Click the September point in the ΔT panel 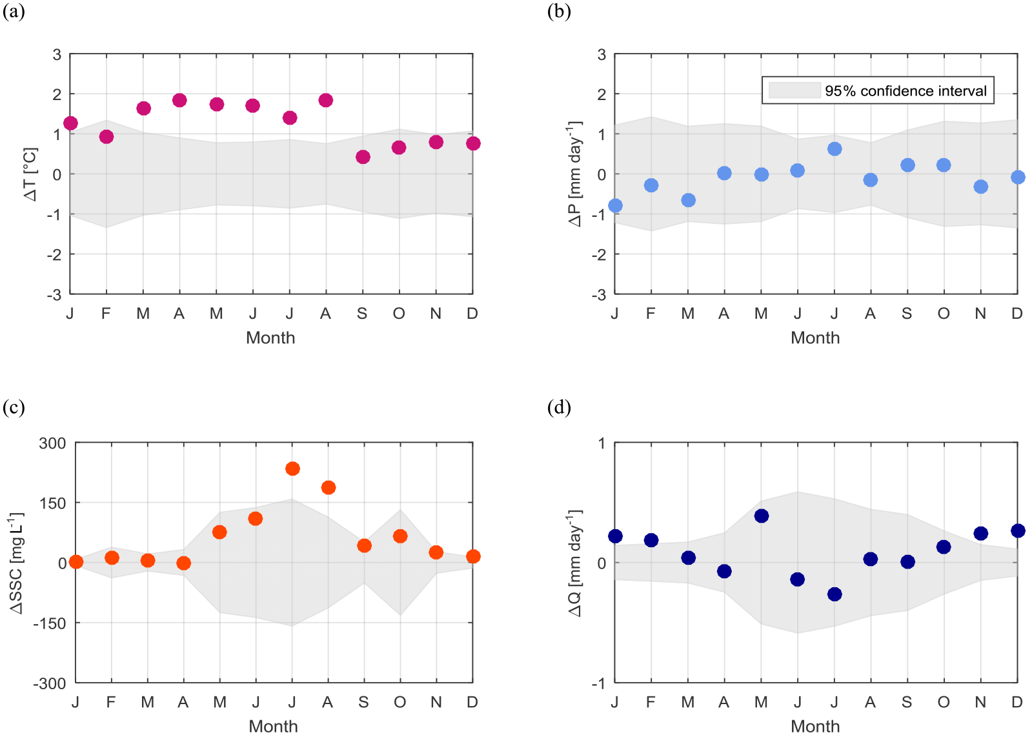[363, 157]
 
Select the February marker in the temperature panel [106, 137]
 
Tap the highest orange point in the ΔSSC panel [292, 469]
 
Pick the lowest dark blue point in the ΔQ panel [835, 594]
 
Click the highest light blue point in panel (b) [835, 149]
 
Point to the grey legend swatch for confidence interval [794, 90]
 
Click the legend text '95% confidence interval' [906, 91]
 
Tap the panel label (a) [14, 12]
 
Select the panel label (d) [559, 407]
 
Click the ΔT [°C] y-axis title [30, 174]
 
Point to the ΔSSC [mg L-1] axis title [16, 563]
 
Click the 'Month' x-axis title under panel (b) [815, 338]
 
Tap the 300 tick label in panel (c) [52, 443]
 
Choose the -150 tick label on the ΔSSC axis [50, 623]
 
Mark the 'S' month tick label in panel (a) [362, 314]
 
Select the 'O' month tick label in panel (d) [944, 702]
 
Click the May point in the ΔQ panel [762, 516]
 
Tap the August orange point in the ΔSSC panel [329, 487]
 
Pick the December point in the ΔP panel [1018, 177]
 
